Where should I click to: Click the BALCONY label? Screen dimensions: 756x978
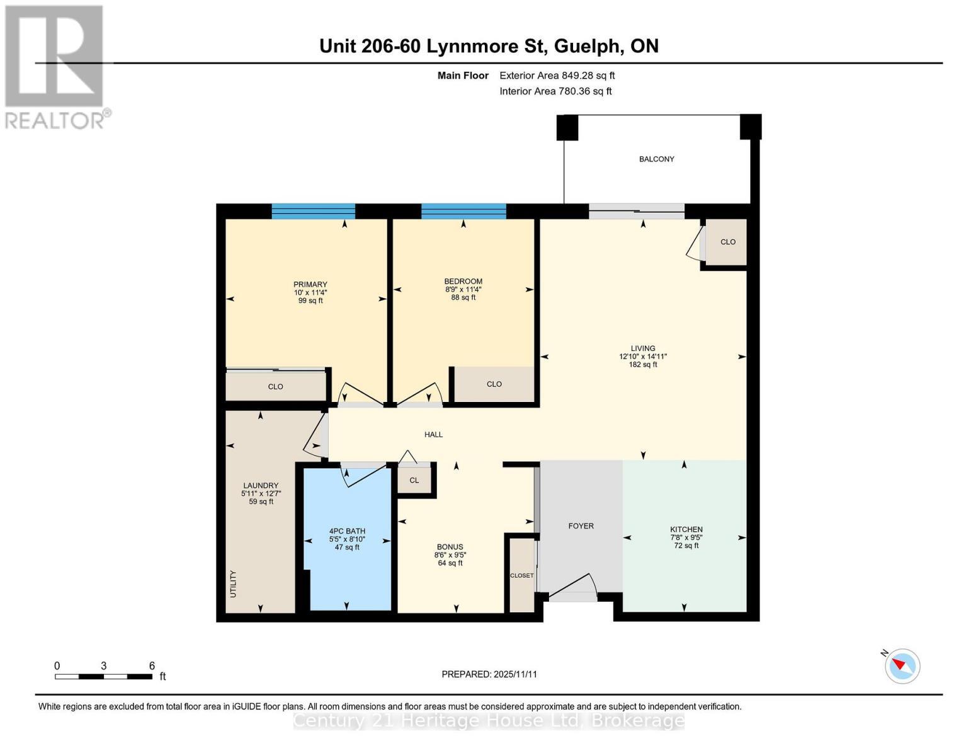pyautogui.click(x=656, y=159)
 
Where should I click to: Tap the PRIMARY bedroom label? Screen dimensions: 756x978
pyautogui.click(x=310, y=285)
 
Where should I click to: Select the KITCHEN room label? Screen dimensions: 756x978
pyautogui.click(x=686, y=530)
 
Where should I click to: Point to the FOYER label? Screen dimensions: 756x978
pyautogui.click(x=581, y=526)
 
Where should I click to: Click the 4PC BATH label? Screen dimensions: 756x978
pyautogui.click(x=347, y=531)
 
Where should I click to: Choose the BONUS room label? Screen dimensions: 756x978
pyautogui.click(x=450, y=547)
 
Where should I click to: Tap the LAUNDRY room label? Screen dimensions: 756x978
pyautogui.click(x=261, y=486)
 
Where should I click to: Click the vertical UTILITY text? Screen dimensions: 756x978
pyautogui.click(x=233, y=584)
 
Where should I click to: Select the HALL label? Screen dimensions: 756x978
pyautogui.click(x=433, y=435)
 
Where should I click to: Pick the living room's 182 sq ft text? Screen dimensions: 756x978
pyautogui.click(x=642, y=364)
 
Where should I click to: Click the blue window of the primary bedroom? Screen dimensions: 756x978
pyautogui.click(x=313, y=212)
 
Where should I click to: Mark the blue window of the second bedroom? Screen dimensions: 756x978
pyautogui.click(x=463, y=212)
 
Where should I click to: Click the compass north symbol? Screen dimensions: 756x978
pyautogui.click(x=902, y=666)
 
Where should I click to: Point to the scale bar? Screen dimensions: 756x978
pyautogui.click(x=103, y=677)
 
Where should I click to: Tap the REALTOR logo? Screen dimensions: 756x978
pyautogui.click(x=55, y=67)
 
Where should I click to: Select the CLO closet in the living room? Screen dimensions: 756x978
pyautogui.click(x=727, y=242)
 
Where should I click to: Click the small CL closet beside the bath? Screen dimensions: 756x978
pyautogui.click(x=414, y=480)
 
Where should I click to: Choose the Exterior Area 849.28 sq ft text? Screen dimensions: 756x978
pyautogui.click(x=557, y=76)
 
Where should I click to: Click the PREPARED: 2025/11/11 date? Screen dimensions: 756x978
pyautogui.click(x=489, y=674)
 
